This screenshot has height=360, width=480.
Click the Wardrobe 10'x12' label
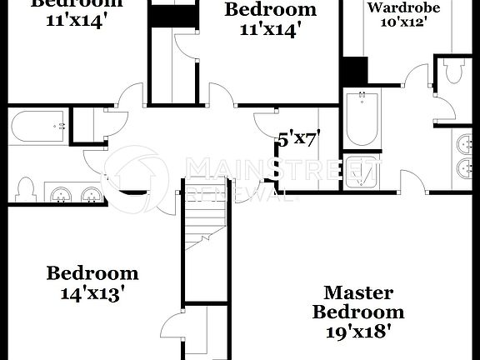(x=397, y=14)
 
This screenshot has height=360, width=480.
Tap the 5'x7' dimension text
(x=299, y=139)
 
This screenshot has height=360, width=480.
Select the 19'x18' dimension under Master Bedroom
(x=358, y=330)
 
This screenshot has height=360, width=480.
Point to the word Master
(x=358, y=292)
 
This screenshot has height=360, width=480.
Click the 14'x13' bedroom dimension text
(x=92, y=292)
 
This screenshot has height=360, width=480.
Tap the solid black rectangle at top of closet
(x=174, y=16)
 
